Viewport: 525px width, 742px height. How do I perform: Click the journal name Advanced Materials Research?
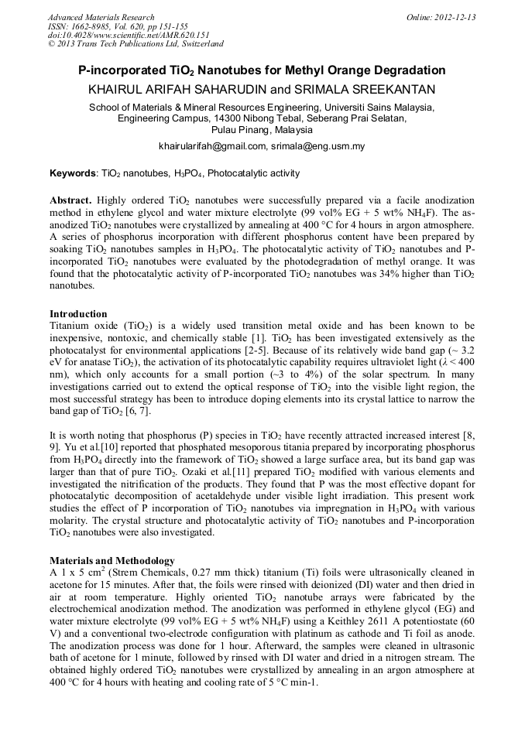[101, 17]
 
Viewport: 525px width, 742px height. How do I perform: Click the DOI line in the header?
[129, 35]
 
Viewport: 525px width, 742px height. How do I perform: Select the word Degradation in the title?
[407, 70]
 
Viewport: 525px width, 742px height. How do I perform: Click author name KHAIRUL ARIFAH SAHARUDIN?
[177, 90]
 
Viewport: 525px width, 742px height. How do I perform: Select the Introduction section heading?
[78, 314]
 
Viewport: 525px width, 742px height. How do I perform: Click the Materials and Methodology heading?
[112, 560]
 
